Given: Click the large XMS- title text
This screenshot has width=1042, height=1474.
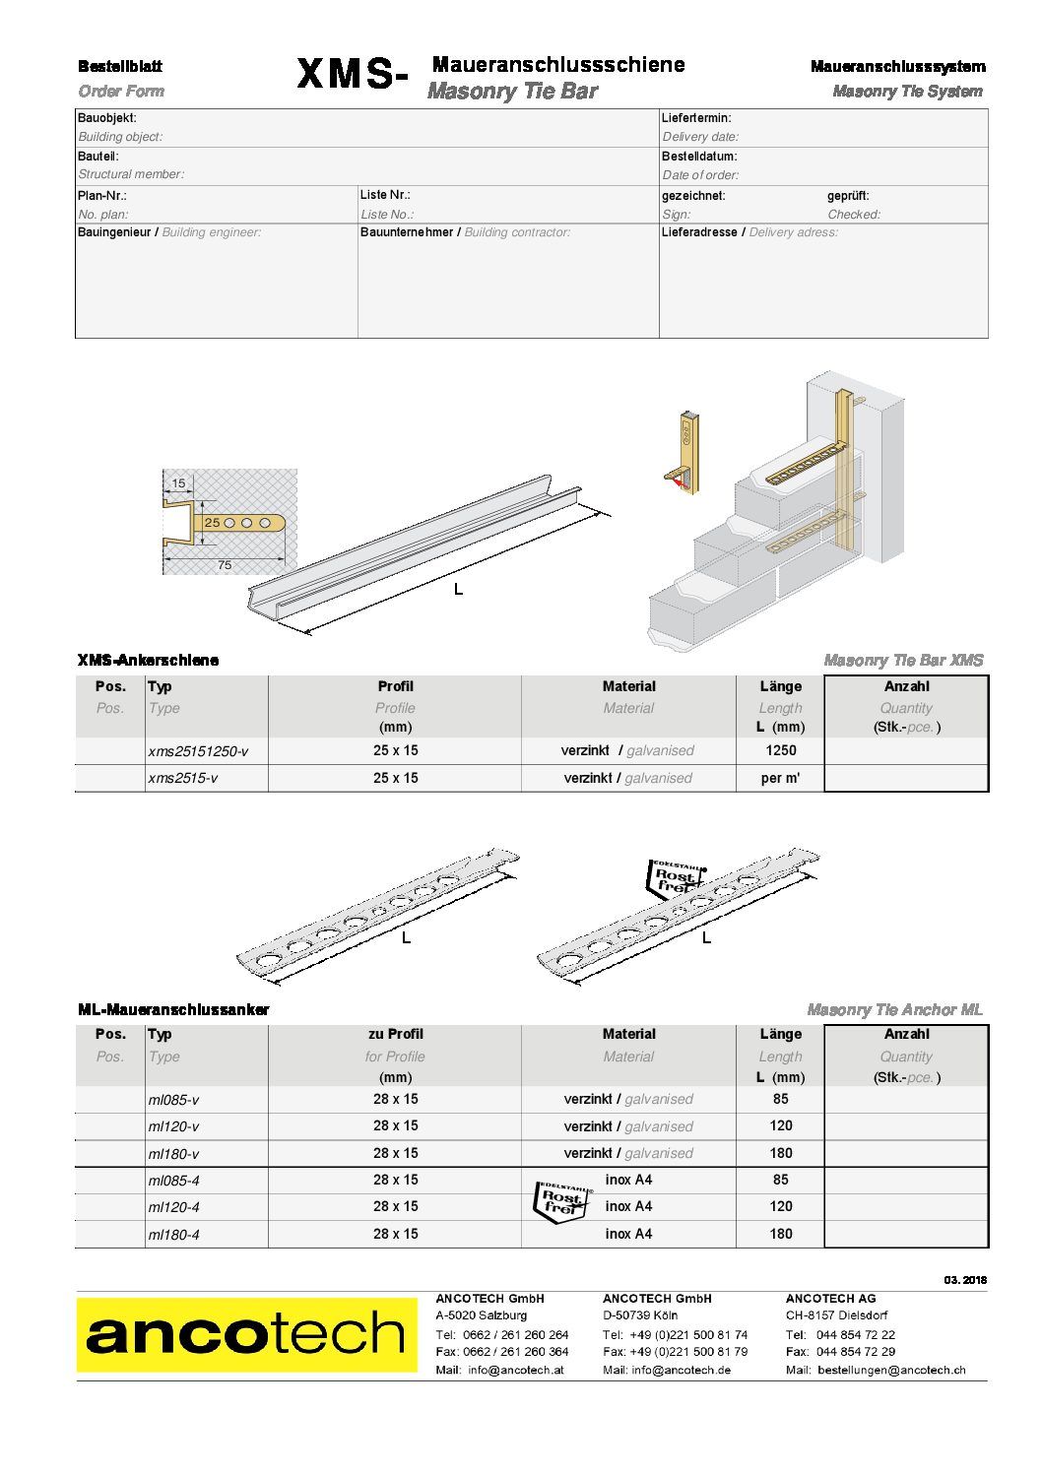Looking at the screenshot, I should (x=352, y=75).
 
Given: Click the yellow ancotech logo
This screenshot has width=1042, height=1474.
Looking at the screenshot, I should (x=246, y=1334).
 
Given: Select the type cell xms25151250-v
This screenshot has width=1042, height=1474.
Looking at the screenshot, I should (x=198, y=751).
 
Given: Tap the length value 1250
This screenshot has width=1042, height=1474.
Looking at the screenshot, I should (x=780, y=750).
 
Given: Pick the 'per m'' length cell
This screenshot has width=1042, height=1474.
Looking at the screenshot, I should (x=780, y=778).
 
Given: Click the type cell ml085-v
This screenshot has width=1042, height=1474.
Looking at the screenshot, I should (x=173, y=1100).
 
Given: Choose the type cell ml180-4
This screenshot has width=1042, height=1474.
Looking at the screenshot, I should (x=173, y=1235).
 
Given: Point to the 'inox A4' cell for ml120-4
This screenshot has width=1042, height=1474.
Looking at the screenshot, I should (x=628, y=1206).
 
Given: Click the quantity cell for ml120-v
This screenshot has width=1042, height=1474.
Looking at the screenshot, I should (x=905, y=1126).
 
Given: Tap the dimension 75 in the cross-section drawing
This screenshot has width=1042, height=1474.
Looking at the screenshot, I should (x=225, y=565).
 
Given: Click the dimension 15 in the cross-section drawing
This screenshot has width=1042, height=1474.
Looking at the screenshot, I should (x=178, y=483).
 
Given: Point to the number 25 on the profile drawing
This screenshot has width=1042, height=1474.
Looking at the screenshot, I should (x=212, y=523).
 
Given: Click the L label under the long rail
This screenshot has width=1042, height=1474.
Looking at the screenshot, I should (x=458, y=589).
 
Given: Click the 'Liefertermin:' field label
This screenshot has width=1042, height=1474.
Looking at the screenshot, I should (x=696, y=118).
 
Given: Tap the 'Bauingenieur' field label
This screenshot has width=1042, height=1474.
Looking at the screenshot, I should (x=114, y=232).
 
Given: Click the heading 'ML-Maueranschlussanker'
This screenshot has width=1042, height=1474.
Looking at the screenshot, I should (x=173, y=1009).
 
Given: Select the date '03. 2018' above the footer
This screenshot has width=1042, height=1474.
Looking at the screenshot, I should (x=964, y=1280).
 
